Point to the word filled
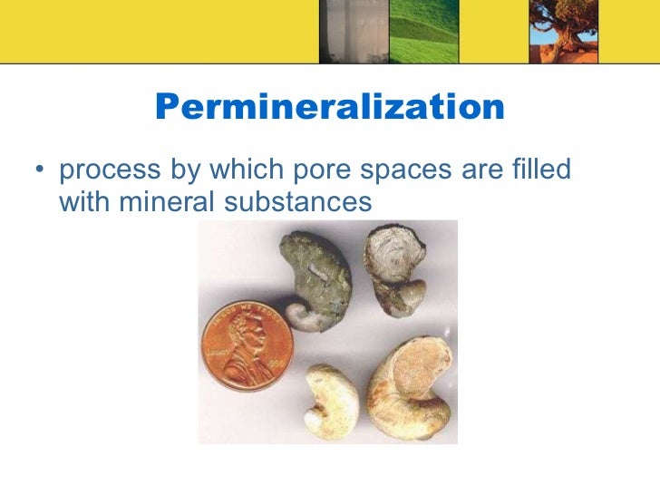[540, 170]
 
